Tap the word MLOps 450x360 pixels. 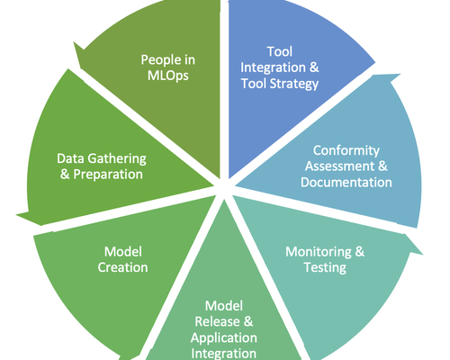168,76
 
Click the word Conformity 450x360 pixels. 346,151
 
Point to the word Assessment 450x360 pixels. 340,166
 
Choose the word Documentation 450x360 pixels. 346,183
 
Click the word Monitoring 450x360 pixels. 319,252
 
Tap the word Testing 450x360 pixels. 325,268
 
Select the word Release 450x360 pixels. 218,322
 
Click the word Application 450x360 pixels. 224,338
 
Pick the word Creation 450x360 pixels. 122,267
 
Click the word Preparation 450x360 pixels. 108,175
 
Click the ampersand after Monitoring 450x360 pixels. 360,252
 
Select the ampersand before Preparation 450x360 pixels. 65,175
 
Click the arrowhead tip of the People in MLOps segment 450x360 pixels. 74,42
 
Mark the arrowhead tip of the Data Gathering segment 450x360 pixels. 17,215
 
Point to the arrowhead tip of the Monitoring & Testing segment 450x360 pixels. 422,255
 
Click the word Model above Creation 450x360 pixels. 123,252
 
